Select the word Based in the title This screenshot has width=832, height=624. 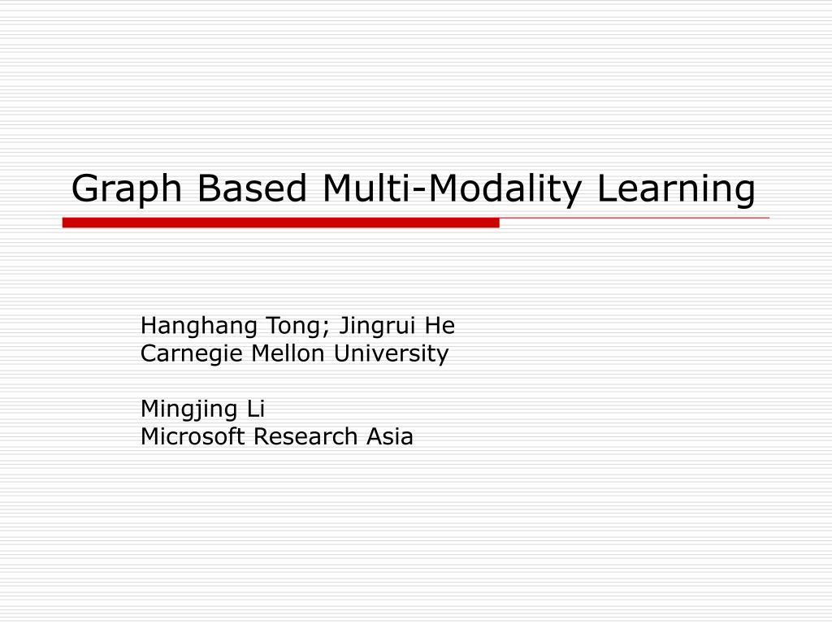[253, 188]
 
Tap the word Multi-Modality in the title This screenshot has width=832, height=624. [455, 190]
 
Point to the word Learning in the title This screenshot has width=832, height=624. [677, 190]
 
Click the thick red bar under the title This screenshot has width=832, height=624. [280, 223]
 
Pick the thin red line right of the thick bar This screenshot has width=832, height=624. [634, 219]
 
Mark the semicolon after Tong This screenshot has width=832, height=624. [326, 329]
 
